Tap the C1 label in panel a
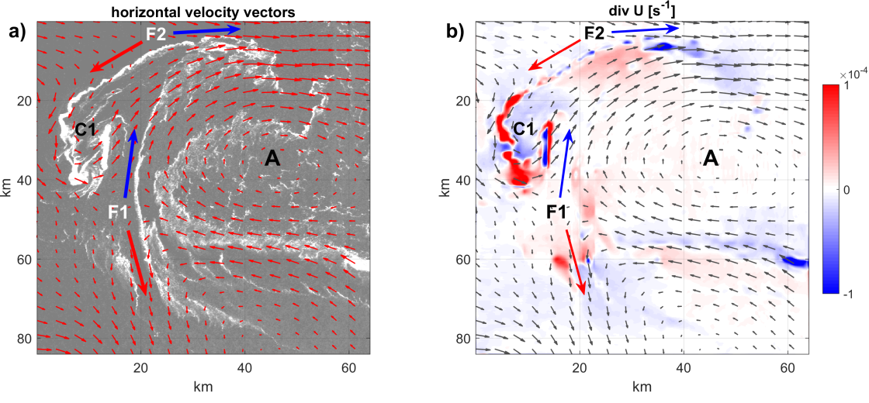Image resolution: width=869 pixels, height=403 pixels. click(86, 131)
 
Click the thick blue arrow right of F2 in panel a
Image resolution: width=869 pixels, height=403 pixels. click(206, 30)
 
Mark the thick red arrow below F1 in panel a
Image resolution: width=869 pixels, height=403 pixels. click(137, 263)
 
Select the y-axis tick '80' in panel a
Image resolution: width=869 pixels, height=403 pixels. click(26, 338)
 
